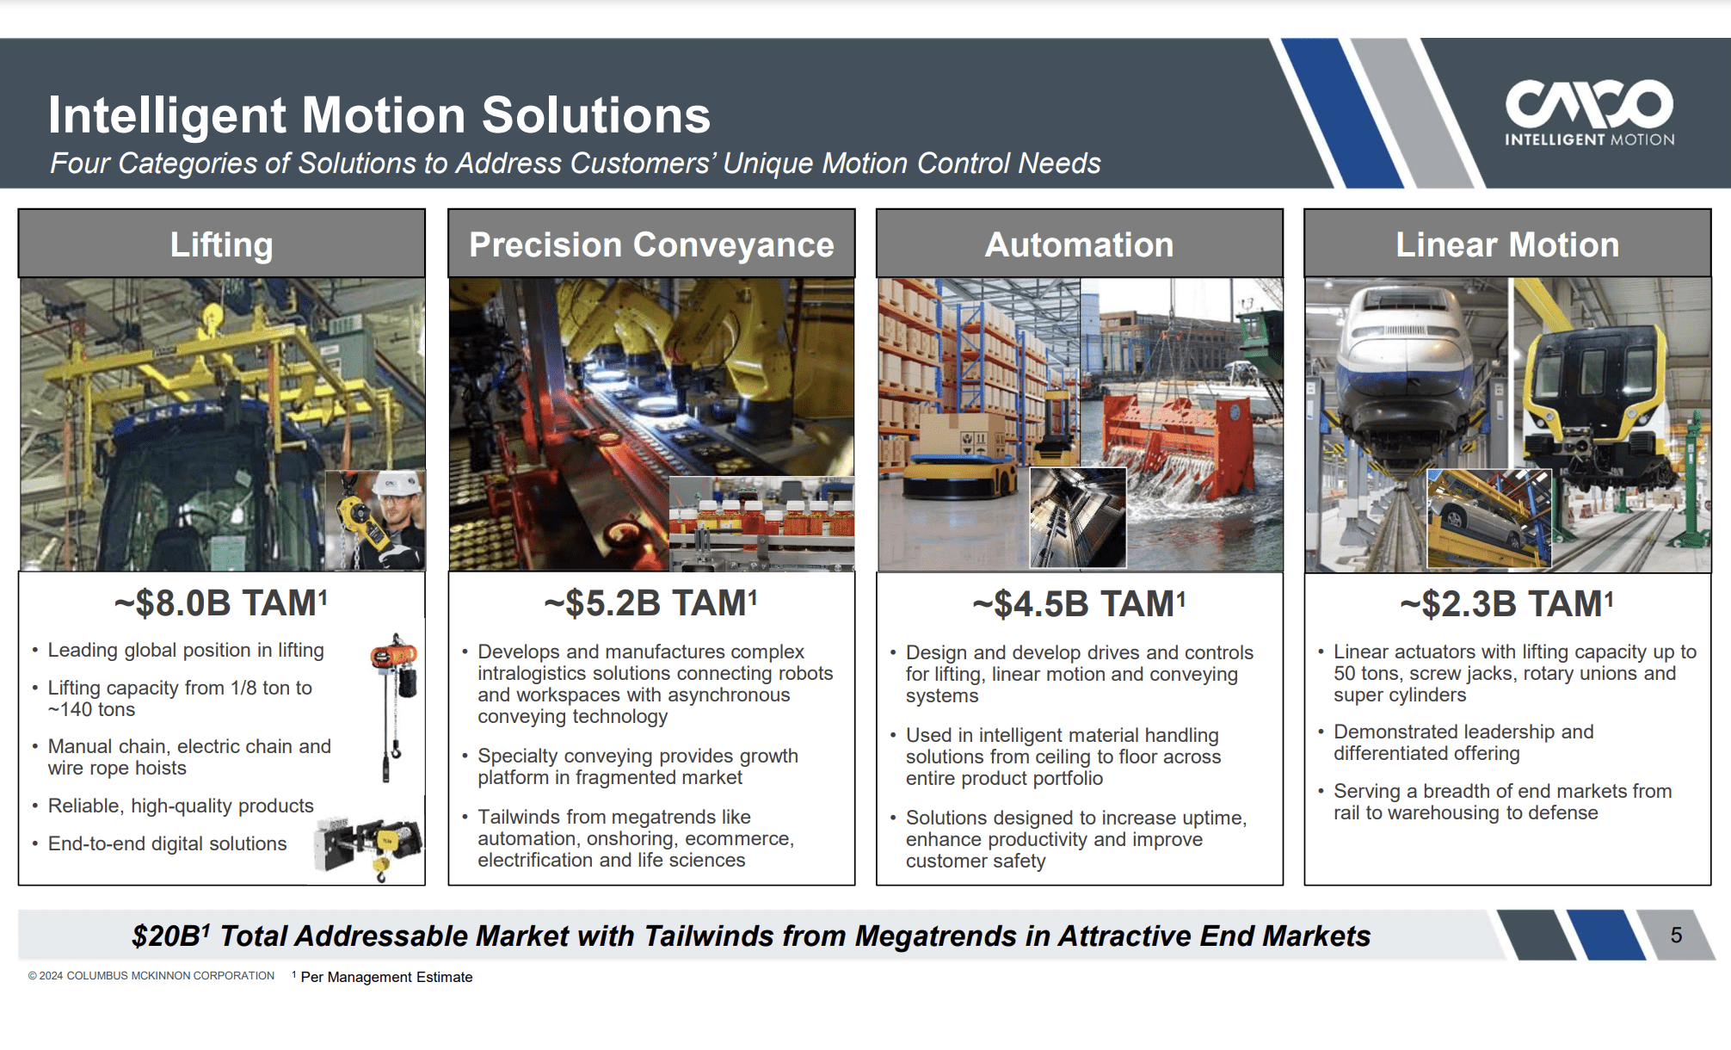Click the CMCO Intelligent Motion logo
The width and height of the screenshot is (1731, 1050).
1589,113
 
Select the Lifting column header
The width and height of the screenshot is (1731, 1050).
221,244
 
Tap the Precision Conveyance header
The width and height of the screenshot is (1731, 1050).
651,244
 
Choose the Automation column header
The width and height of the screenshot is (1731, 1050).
1079,244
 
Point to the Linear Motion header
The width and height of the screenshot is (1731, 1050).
1507,244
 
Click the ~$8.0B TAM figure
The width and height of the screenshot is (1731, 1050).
220,602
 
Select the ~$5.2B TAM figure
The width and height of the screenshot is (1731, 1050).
650,602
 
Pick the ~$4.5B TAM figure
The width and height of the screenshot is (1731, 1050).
1079,603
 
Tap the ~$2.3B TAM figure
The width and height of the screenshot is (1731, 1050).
1506,603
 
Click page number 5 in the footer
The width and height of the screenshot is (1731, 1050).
1676,935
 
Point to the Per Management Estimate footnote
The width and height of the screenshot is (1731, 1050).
385,977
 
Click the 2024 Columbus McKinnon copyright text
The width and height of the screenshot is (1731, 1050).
151,976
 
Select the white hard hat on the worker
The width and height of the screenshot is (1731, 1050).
401,483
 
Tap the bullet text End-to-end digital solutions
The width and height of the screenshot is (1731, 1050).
167,843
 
